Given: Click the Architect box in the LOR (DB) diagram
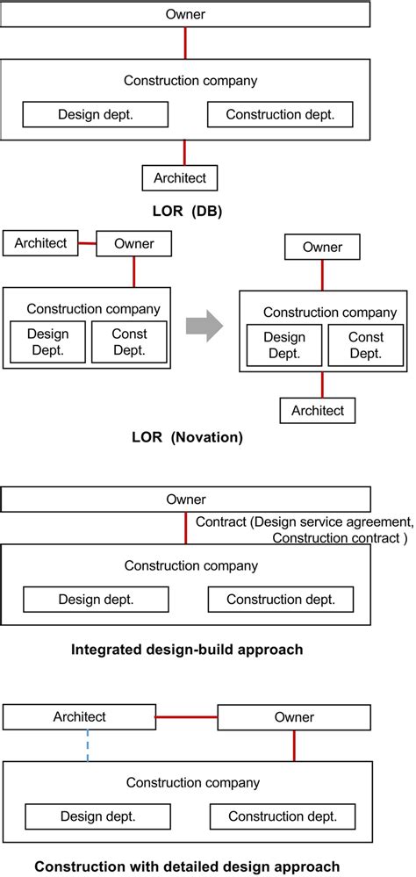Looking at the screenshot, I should point(179,178).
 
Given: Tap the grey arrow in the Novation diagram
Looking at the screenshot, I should point(204,327).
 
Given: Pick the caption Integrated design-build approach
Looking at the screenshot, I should point(186,650).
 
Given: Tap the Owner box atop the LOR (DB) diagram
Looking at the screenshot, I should point(184,14).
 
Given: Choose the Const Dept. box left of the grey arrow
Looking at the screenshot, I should point(129,341).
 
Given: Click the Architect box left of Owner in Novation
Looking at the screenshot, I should point(40,243).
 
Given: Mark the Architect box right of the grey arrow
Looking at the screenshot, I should point(318,410).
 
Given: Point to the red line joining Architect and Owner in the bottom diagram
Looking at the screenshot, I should point(186,717).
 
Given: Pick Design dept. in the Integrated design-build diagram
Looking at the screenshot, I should point(96,600).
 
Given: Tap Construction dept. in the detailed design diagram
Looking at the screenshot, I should point(282,816).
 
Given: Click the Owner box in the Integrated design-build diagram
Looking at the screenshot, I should point(186,500).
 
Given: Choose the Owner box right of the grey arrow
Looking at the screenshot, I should point(322,248).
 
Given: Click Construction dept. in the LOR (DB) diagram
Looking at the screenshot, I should point(279,114).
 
